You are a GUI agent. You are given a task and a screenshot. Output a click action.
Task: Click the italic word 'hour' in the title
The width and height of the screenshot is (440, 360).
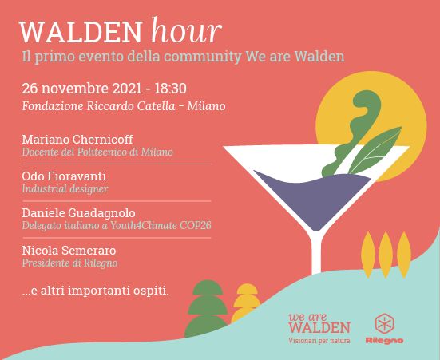click(187, 30)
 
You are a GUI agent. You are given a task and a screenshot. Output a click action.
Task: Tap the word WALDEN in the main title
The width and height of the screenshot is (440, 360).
click(81, 32)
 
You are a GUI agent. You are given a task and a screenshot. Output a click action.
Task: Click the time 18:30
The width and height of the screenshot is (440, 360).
click(170, 89)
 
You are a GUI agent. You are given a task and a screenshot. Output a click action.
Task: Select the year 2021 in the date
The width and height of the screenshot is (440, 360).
click(127, 89)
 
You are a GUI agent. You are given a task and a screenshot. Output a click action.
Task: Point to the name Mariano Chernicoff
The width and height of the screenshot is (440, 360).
click(77, 140)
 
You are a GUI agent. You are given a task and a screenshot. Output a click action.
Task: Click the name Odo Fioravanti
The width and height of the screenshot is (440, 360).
click(64, 176)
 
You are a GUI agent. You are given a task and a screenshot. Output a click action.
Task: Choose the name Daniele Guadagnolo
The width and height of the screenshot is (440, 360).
click(79, 213)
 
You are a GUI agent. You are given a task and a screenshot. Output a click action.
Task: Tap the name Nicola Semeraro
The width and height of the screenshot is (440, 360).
click(69, 251)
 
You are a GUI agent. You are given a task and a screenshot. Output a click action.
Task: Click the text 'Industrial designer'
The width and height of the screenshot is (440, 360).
click(65, 189)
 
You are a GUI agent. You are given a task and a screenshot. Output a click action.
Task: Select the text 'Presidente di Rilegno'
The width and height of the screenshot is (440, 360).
click(69, 263)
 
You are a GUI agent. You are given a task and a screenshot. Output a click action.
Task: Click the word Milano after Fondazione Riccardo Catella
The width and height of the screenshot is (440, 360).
click(207, 106)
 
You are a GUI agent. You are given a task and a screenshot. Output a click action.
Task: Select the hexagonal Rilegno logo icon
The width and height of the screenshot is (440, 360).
click(384, 324)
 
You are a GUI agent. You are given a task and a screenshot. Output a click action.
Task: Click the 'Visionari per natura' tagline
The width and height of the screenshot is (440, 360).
click(319, 341)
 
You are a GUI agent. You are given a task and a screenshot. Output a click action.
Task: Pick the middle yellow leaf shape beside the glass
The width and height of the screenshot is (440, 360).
click(386, 255)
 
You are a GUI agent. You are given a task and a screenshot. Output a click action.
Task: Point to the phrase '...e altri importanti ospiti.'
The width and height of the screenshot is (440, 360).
click(96, 291)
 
